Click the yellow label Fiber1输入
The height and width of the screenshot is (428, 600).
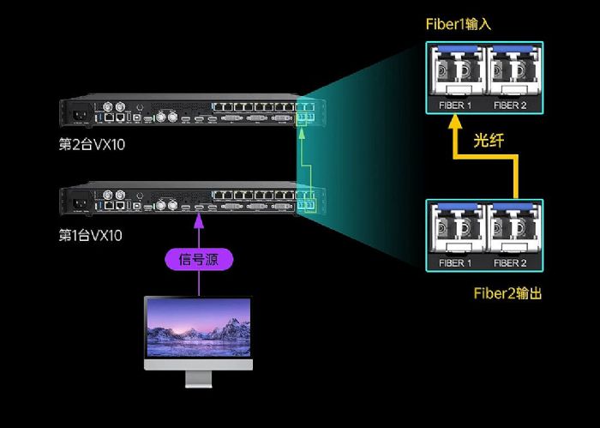(x=459, y=24)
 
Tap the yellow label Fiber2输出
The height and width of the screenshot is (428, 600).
(x=507, y=293)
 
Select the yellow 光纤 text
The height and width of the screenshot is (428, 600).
(x=489, y=141)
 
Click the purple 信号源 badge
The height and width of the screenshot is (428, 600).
(x=199, y=260)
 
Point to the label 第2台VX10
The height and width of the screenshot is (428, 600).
(x=92, y=145)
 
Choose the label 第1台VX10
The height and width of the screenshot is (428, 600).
(x=91, y=235)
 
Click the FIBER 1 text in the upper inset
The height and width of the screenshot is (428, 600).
(x=455, y=105)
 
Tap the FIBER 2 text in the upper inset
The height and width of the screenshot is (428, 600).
(x=510, y=105)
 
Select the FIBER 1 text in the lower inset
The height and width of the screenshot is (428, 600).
(x=455, y=263)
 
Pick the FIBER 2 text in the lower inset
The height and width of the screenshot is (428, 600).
(x=510, y=263)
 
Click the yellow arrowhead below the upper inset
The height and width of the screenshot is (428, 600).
(x=455, y=122)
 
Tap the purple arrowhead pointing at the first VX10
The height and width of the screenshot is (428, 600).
(x=199, y=220)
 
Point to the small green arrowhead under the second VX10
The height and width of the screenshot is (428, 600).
(x=302, y=134)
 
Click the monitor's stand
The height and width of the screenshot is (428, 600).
(x=198, y=379)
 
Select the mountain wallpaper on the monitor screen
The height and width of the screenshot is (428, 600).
(x=199, y=328)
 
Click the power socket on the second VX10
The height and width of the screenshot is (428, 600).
(x=80, y=114)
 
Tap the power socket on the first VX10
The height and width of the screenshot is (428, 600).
(x=80, y=203)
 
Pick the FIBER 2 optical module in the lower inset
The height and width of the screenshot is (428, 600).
(x=513, y=228)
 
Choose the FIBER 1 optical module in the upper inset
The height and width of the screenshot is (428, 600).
(x=458, y=70)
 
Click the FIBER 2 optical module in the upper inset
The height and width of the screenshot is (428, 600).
(x=513, y=70)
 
